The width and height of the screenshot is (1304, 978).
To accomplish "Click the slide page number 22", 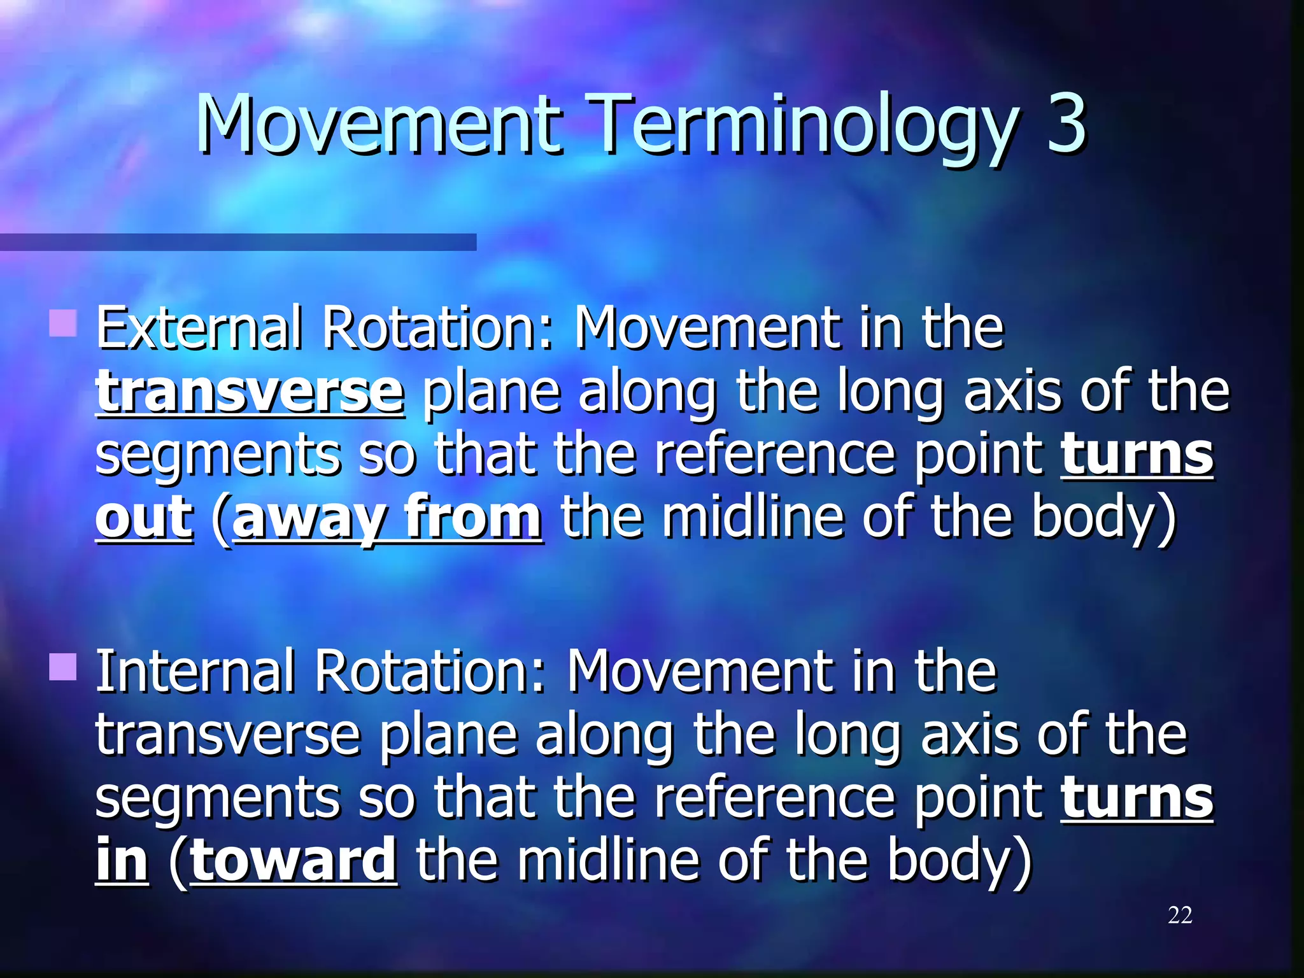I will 1180,915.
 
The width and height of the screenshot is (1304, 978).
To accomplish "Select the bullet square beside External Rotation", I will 63,323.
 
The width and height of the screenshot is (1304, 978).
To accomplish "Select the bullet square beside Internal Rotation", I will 63,667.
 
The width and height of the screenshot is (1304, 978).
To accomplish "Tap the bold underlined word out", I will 144,517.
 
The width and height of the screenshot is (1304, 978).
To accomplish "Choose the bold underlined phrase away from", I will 387,517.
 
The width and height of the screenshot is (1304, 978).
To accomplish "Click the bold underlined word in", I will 122,861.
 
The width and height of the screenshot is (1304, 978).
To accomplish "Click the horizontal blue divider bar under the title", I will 238,242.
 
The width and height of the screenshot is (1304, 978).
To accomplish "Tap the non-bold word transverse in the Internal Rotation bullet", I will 228,735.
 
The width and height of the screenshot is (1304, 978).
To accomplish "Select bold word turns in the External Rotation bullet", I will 1137,455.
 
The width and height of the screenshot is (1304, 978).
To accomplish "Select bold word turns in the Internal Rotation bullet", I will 1137,798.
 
